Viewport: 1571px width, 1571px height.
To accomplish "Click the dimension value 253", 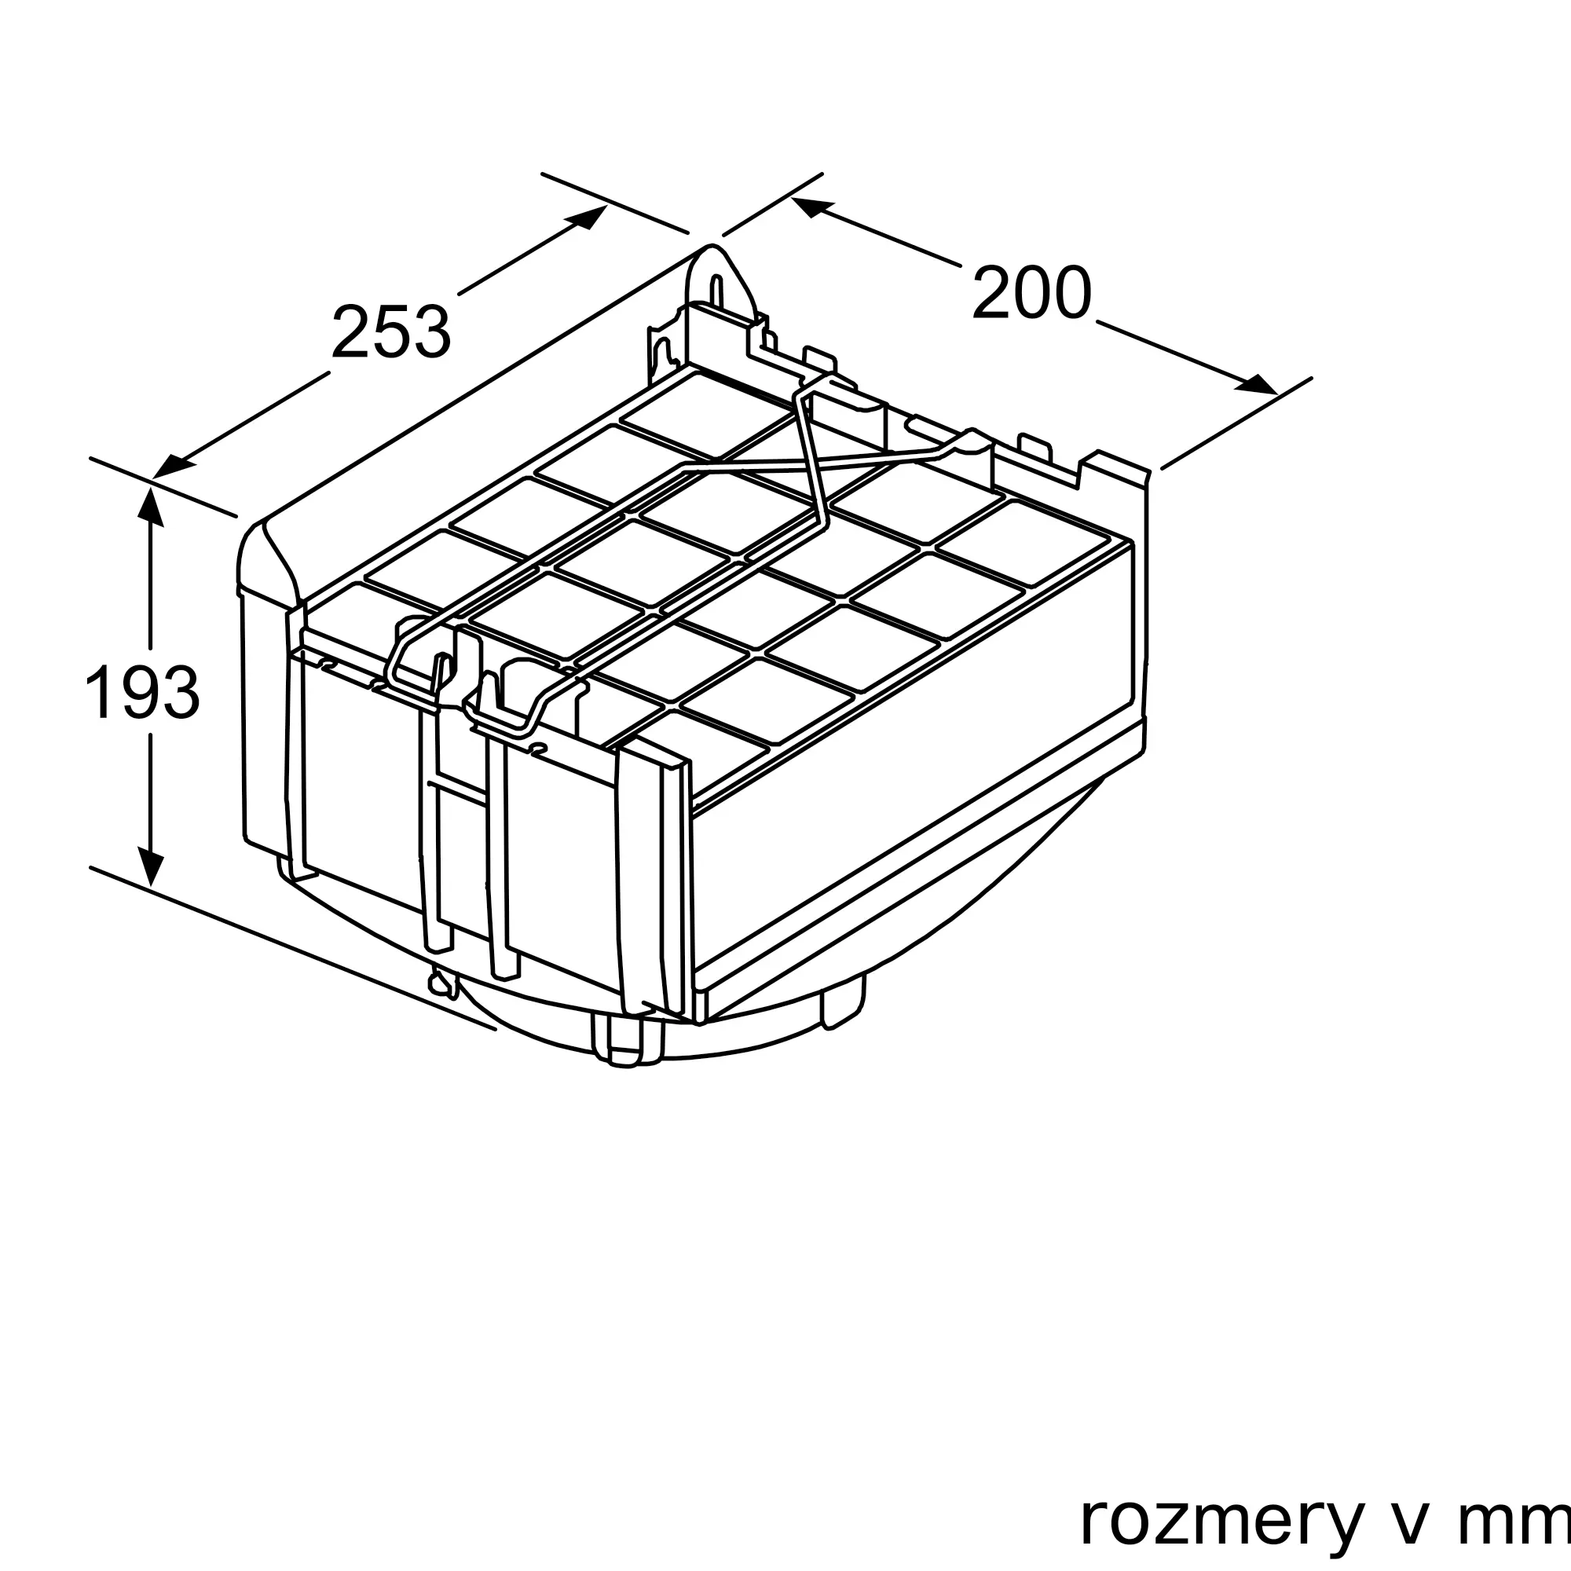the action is pos(390,331).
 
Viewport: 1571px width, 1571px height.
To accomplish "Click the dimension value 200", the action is pos(1031,293).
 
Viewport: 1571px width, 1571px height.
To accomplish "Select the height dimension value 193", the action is pos(141,692).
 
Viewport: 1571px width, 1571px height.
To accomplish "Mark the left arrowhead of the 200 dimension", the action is pos(813,206).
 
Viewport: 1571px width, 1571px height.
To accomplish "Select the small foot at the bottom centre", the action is pos(626,1046).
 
